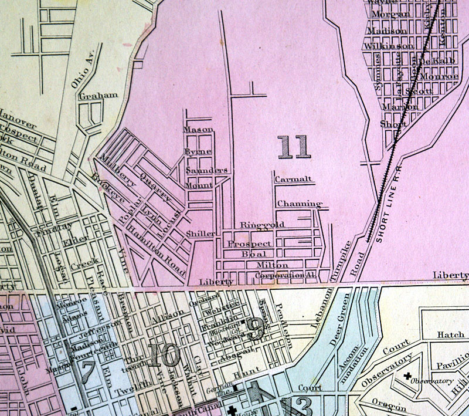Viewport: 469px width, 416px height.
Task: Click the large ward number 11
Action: coord(294,147)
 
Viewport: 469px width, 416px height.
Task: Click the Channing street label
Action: coord(299,204)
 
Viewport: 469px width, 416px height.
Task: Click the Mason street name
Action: coord(198,129)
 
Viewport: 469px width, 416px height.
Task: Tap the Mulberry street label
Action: coord(118,170)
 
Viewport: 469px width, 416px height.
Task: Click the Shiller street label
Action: coord(200,234)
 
